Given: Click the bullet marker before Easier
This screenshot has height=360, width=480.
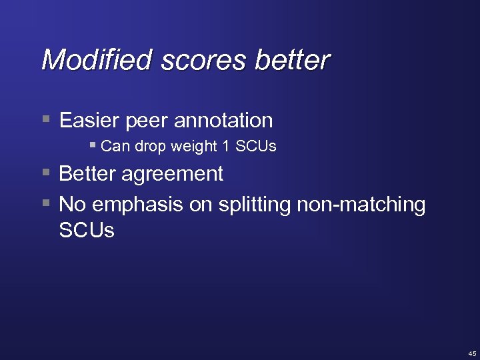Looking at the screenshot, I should tap(45, 120).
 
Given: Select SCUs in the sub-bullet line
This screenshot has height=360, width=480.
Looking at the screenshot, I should tap(256, 146).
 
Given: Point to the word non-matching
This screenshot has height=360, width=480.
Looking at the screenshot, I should tap(361, 205).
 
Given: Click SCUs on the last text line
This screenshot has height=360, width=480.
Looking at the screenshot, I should tap(87, 231).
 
